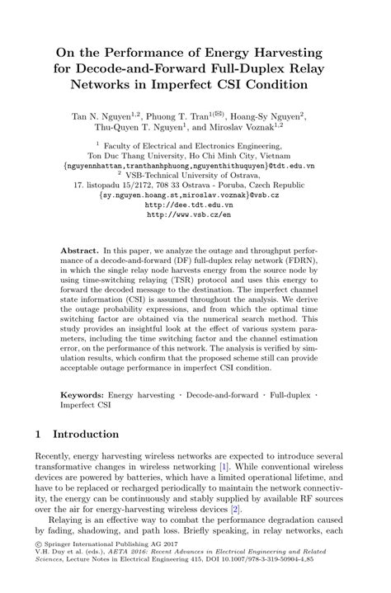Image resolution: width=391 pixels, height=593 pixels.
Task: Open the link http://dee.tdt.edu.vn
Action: [195, 206]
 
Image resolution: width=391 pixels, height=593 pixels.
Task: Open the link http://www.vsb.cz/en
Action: [195, 216]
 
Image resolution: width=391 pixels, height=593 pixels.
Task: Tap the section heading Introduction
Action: [87, 434]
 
